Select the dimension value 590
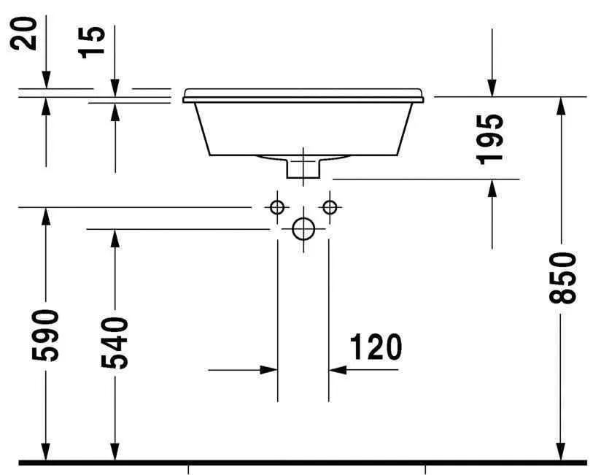click(47, 335)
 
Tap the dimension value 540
click(115, 343)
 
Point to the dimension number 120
click(376, 348)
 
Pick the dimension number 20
click(27, 34)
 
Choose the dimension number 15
click(95, 42)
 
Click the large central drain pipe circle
click(303, 229)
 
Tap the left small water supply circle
click(276, 207)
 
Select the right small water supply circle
click(330, 207)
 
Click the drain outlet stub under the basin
click(303, 167)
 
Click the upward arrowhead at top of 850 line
click(561, 106)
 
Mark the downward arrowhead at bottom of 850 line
click(561, 452)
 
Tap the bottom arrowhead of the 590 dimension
click(46, 452)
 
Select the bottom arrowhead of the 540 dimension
click(115, 452)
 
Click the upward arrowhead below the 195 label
click(492, 188)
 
